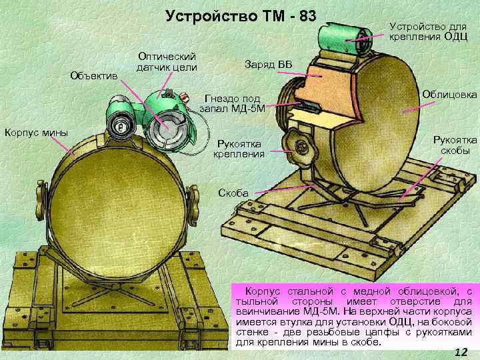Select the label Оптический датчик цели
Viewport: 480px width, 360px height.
166,61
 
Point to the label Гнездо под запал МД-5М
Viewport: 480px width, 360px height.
231,104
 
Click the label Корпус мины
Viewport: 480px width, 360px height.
36,132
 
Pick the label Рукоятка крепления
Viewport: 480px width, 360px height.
239,149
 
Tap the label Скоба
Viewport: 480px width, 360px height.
233,193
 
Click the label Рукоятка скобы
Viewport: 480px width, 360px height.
455,145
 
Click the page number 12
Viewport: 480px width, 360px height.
459,352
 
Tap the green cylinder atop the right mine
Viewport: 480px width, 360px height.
343,37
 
